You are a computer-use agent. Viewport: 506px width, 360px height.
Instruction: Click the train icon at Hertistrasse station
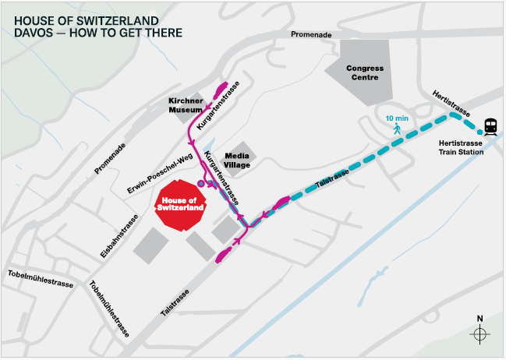[491, 125]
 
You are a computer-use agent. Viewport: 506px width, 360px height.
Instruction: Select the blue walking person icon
[397, 129]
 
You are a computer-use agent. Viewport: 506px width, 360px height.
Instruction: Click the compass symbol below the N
[479, 334]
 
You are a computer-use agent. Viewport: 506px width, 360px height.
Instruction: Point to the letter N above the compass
[479, 318]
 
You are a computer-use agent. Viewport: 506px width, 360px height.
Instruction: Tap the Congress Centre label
[366, 72]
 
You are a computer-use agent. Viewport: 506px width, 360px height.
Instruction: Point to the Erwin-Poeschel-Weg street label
[159, 173]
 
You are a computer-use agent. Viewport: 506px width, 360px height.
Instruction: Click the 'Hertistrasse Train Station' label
[462, 147]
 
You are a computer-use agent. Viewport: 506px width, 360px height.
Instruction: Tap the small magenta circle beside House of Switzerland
[201, 183]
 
